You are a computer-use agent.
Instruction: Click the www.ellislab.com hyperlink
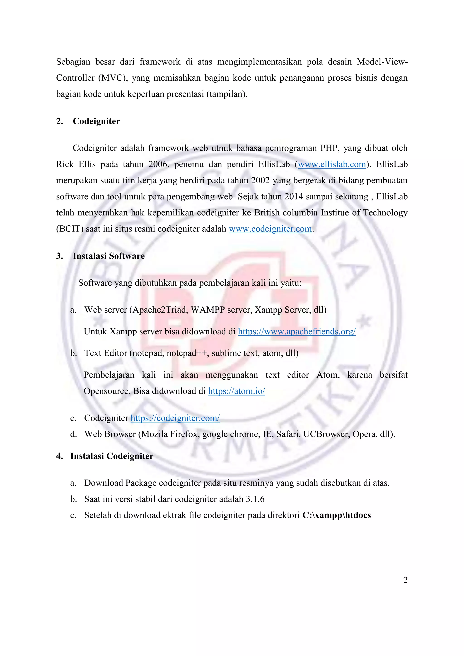(332, 164)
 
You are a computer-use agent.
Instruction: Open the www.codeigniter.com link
(270, 229)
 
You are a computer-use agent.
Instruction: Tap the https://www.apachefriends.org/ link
(297, 331)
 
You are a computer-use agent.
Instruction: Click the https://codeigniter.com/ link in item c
(175, 418)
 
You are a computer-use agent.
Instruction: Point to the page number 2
(405, 580)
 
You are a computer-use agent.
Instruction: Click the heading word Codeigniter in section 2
(96, 121)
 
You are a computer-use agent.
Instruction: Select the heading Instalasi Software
(109, 256)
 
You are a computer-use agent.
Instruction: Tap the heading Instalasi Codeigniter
(112, 456)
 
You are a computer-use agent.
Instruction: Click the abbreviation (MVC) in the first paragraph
(113, 78)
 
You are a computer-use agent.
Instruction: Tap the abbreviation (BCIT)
(70, 229)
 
